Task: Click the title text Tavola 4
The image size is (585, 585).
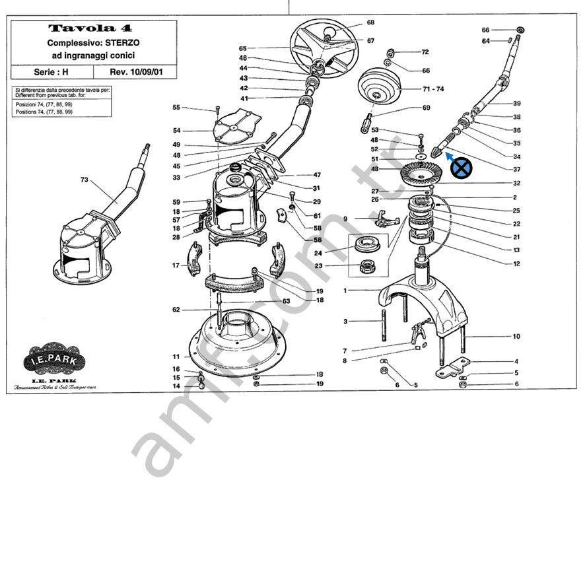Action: tap(90, 28)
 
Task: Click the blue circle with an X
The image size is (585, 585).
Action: tap(462, 169)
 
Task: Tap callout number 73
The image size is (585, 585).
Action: tap(84, 179)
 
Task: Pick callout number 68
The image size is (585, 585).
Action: tap(370, 22)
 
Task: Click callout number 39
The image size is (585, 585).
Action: tap(517, 103)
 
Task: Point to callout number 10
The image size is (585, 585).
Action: tap(516, 336)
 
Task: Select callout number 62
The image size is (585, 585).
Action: tap(176, 310)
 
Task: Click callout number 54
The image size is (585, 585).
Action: tap(176, 130)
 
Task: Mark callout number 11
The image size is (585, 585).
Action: tap(176, 357)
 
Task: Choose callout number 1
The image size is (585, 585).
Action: tap(345, 291)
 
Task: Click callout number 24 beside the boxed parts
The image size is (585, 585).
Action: tap(336, 253)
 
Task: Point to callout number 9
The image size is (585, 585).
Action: tap(345, 219)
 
